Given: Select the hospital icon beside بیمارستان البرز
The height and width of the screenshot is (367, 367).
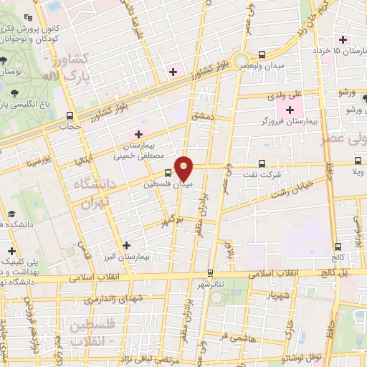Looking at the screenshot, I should (127, 245).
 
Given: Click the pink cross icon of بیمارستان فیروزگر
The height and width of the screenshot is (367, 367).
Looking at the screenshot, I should (290, 110).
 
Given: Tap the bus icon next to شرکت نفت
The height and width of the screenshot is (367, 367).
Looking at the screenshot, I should (262, 163).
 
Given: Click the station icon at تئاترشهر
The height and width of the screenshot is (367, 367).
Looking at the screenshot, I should (210, 273).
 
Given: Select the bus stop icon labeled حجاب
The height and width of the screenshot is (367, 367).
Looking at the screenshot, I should (70, 115).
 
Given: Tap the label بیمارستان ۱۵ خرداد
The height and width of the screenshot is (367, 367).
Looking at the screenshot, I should (340, 51).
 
